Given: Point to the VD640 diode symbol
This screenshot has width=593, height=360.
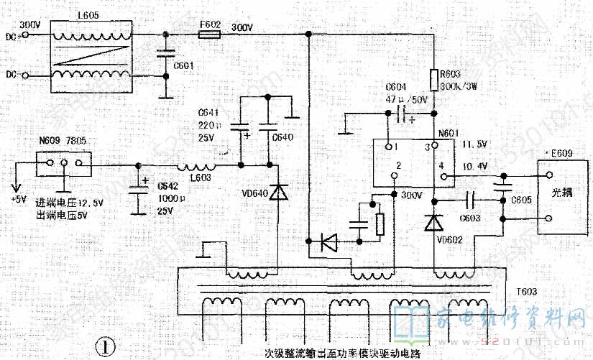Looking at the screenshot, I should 274,192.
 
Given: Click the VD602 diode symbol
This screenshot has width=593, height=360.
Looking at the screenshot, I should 433,223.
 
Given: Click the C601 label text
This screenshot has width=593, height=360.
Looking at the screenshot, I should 183,66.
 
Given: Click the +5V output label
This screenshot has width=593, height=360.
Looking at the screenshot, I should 17,199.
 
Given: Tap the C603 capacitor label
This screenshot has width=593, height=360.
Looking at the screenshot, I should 472,218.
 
